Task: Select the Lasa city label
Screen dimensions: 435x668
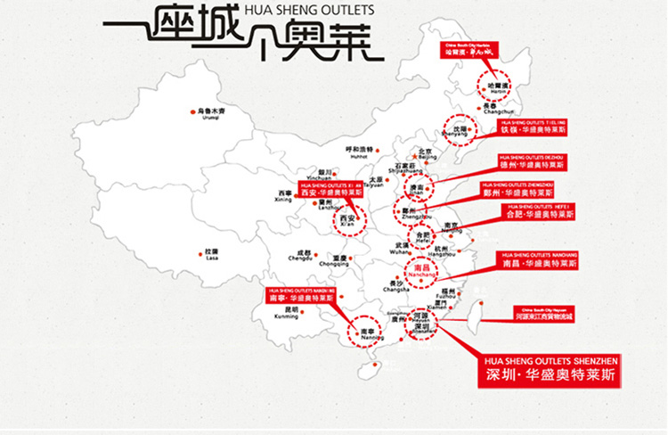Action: coord(211,254)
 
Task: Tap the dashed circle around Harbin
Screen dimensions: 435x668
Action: coord(496,86)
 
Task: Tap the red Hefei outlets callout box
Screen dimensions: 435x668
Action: coord(538,211)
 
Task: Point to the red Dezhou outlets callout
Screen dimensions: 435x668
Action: coord(532,162)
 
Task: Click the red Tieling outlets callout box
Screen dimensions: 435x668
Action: coord(533,126)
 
